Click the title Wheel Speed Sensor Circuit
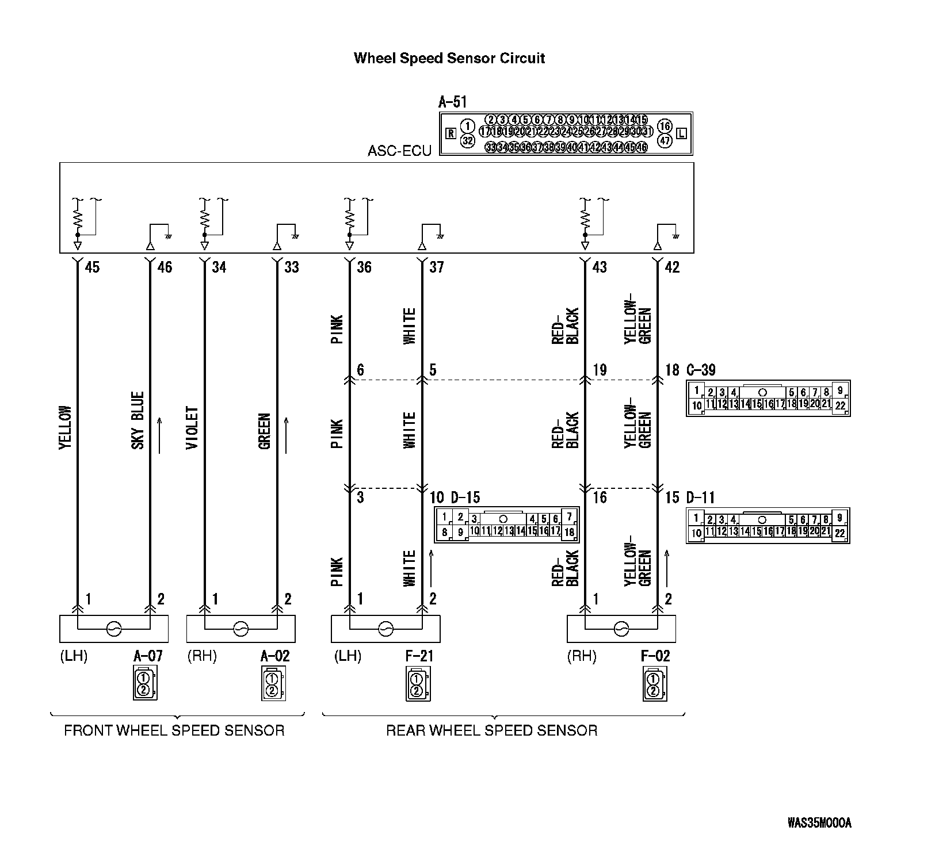pos(449,58)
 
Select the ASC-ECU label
pos(399,151)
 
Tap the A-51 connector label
pos(452,102)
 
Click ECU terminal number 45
pos(92,267)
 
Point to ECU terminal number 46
pos(165,267)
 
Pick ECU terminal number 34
pos(219,267)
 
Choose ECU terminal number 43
pos(600,267)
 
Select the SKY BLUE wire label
pos(138,420)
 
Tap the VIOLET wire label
pos(192,428)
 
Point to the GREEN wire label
pos(265,431)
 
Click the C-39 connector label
pos(701,370)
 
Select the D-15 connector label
pos(465,497)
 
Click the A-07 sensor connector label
pos(148,656)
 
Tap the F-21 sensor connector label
pos(419,656)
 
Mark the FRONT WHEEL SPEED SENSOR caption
pos(174,731)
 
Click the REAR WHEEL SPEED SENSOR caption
pos(491,731)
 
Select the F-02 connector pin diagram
pos(654,684)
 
